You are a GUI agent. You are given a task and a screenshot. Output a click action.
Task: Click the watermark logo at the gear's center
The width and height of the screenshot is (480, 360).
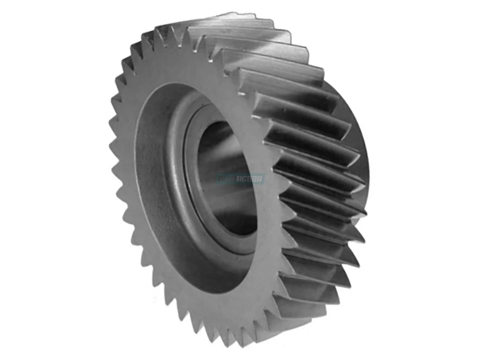(240, 179)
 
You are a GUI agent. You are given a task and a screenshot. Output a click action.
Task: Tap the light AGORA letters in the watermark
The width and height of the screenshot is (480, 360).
(250, 179)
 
